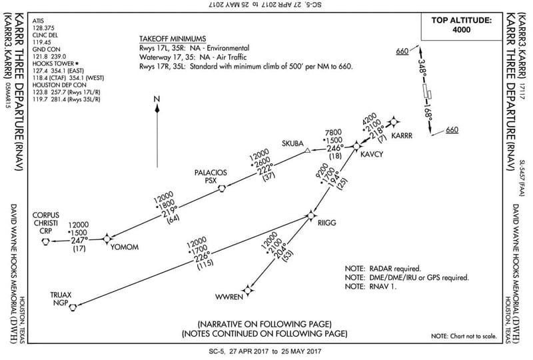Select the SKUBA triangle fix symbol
[x=307, y=152]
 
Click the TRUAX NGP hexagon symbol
[x=73, y=307]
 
